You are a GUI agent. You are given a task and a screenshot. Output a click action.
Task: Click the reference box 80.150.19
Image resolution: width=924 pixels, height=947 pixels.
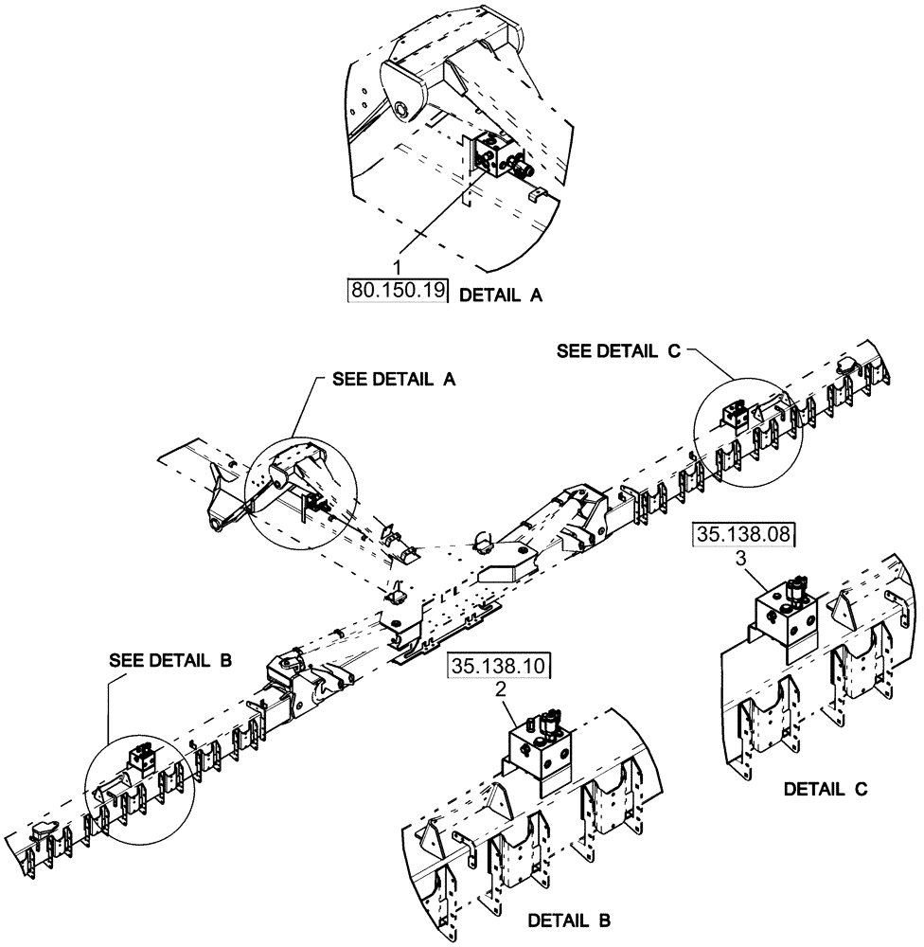(398, 291)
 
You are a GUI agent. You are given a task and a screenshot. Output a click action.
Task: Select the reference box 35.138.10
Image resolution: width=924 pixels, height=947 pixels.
(500, 667)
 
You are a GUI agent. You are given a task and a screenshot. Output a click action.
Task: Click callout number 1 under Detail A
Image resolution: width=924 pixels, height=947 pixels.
(399, 270)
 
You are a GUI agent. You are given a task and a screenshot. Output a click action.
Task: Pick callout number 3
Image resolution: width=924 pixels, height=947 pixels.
(744, 559)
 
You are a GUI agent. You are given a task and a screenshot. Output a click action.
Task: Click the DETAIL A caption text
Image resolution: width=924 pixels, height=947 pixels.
(501, 295)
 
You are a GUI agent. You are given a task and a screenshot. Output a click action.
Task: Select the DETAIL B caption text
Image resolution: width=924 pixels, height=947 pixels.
(568, 920)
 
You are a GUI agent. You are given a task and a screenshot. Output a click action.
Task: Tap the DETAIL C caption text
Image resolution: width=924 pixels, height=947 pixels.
(826, 788)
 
